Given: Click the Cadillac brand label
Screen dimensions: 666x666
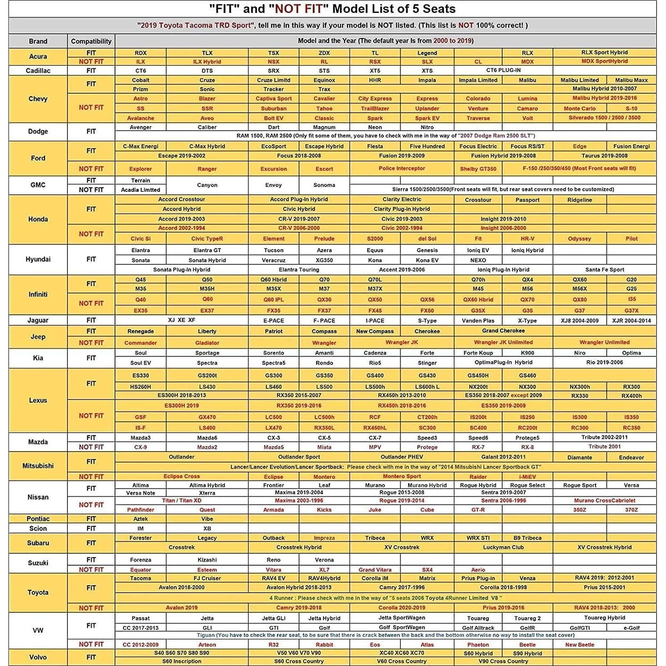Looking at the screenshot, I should point(38,71).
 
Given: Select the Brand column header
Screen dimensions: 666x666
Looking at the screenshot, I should point(38,41).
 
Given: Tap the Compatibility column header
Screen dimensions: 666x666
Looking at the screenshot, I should point(91,41).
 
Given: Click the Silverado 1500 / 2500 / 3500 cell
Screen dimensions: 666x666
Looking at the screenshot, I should point(604,118).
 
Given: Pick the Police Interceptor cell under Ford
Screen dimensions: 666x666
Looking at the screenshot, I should point(401,168).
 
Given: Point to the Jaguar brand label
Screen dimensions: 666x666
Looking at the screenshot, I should point(38,320).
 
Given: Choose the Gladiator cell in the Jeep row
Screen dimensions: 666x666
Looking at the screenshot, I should point(207,343).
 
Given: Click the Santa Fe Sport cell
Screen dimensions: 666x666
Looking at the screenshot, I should point(604,270).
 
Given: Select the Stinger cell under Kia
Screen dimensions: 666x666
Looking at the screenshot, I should point(427,363).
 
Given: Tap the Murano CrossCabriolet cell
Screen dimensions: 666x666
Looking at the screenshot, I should point(604,500).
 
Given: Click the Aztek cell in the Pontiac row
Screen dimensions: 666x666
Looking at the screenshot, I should point(140,519).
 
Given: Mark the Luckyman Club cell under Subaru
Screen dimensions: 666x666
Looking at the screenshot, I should point(503,547).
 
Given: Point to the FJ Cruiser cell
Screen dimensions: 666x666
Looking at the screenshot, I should point(207,578).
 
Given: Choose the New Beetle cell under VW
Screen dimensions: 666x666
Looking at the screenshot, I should point(579,645).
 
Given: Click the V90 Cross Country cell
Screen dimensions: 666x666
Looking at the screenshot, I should point(503,661).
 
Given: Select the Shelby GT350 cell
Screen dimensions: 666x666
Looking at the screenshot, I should point(478,169).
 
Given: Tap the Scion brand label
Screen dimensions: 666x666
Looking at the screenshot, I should point(38,528).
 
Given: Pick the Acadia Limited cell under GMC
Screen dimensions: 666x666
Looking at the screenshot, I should point(140,190).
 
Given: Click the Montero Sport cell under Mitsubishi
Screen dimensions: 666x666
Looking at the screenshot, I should point(401,476).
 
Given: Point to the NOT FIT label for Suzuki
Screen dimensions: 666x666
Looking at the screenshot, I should point(91,570).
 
